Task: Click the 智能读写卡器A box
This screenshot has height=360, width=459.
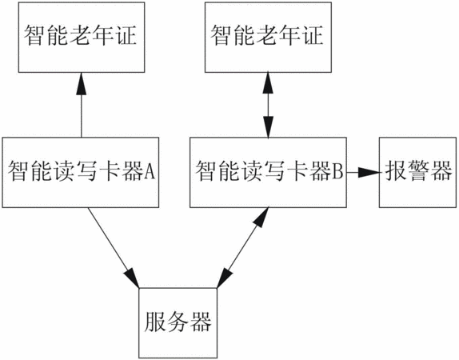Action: point(81,173)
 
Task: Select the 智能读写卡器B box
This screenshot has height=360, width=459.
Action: point(268,173)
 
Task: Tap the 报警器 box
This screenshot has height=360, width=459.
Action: point(417,173)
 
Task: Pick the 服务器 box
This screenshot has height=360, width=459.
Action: point(178,322)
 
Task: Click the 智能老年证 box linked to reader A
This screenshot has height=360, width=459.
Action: point(82,38)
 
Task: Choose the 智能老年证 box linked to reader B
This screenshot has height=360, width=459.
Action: point(268,38)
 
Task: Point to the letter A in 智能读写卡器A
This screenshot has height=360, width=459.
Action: point(149,171)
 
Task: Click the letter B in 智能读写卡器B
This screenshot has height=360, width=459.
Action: point(337,171)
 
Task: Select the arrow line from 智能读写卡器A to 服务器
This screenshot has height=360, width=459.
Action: point(114,248)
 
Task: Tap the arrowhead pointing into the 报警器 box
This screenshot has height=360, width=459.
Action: point(369,172)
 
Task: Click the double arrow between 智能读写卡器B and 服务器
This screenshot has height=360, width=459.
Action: point(242,248)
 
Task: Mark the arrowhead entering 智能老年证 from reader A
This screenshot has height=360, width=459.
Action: point(82,83)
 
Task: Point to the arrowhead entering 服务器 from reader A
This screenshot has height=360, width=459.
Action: point(132,278)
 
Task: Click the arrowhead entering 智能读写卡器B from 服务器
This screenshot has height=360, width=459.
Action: point(261,218)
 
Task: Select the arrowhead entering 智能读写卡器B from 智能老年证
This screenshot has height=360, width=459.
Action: point(268,127)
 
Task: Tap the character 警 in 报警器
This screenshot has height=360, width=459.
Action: point(418,171)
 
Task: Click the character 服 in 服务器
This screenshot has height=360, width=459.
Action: point(154,322)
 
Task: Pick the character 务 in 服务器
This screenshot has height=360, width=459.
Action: point(178,322)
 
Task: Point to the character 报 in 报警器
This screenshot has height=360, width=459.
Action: point(395,171)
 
